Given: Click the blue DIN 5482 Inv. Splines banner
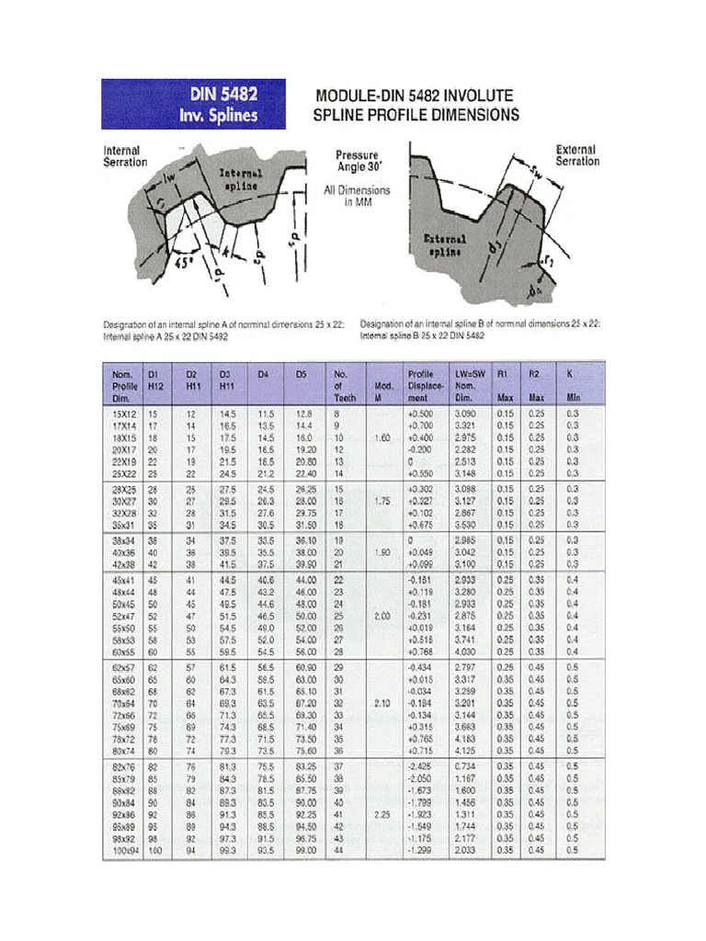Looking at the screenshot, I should point(192,104).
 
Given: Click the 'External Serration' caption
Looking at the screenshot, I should point(576,155).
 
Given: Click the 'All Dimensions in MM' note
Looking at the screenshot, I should point(357,197).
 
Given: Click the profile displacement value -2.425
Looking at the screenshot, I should point(420,765).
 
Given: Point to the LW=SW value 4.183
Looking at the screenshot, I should point(466,738).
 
